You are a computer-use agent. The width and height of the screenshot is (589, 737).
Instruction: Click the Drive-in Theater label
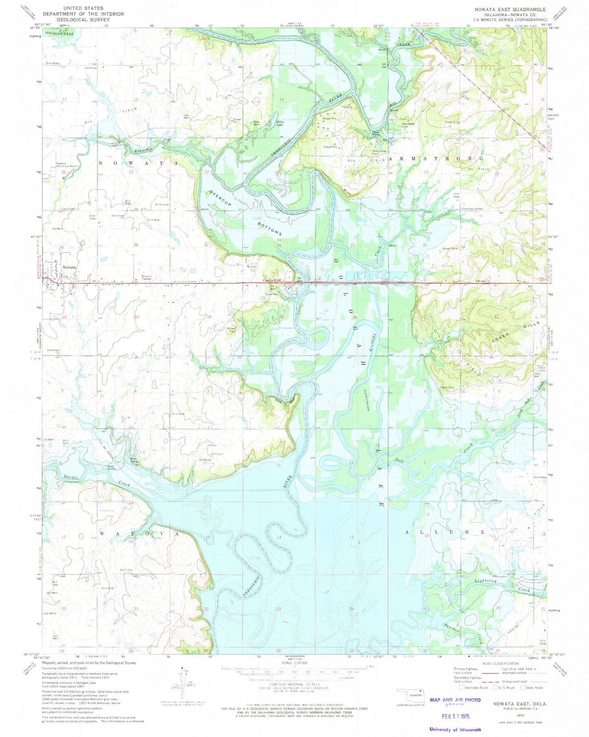[x=147, y=278]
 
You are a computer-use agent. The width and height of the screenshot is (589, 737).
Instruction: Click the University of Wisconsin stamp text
[x=455, y=729]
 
